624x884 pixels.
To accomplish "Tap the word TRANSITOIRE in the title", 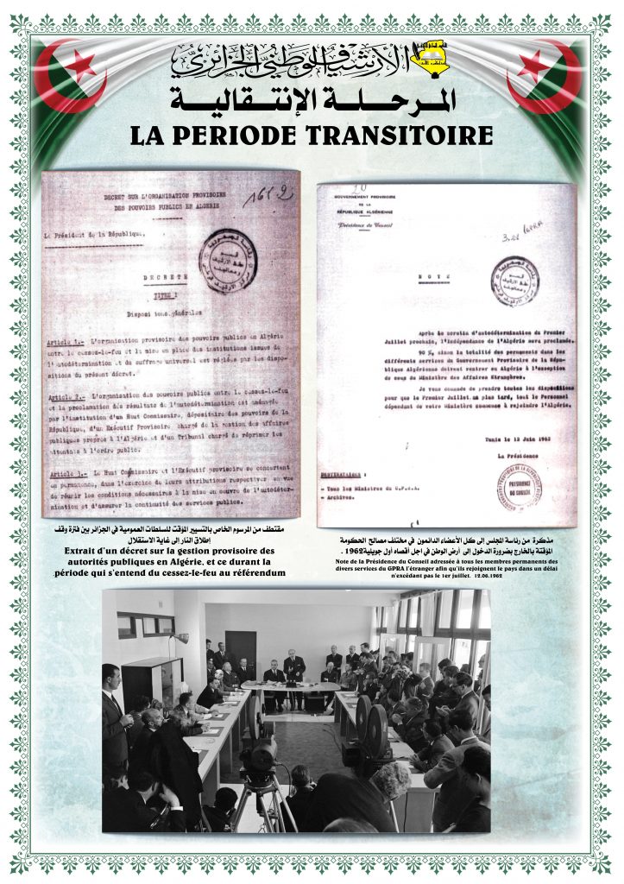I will [x=402, y=136].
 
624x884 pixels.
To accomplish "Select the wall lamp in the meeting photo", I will [x=179, y=638].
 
